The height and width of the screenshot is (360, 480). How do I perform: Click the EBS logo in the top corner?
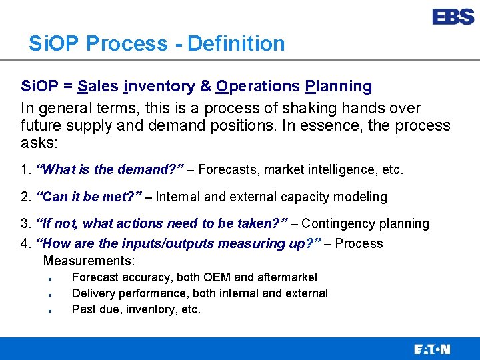(453, 17)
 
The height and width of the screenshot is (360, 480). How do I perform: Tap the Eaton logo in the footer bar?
(432, 349)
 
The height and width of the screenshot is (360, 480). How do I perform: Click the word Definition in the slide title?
(236, 44)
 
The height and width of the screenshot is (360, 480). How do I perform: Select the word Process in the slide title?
(127, 44)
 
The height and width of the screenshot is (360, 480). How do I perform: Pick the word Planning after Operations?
(338, 86)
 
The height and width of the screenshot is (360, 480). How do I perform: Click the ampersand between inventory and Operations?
(205, 86)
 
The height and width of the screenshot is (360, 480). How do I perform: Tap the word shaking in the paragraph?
(265, 108)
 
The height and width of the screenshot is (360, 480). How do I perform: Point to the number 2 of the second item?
(25, 197)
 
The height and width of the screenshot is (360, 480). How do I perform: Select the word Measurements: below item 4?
(89, 261)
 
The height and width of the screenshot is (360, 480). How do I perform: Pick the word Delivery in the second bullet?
(92, 293)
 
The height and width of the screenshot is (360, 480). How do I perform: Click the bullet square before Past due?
(50, 311)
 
